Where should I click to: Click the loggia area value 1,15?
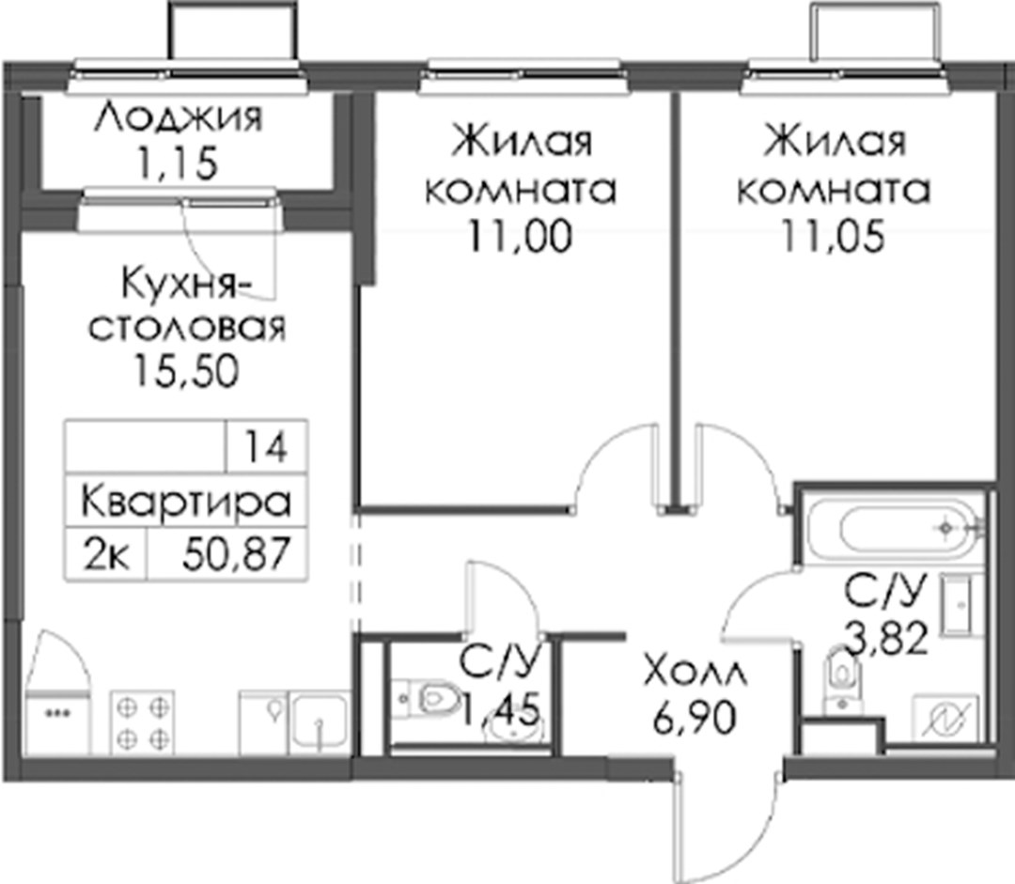coord(176,164)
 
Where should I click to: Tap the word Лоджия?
coord(179,118)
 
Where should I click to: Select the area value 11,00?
coord(521,236)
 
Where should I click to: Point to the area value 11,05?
coord(833,236)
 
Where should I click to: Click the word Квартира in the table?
coord(186,503)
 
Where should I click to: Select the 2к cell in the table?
coord(106,554)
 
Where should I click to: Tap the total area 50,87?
coord(235,554)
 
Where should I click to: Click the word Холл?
coord(695,673)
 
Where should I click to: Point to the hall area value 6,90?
coord(695,719)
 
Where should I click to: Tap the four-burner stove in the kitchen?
coord(143,722)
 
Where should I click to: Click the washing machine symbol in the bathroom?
coord(945,719)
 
